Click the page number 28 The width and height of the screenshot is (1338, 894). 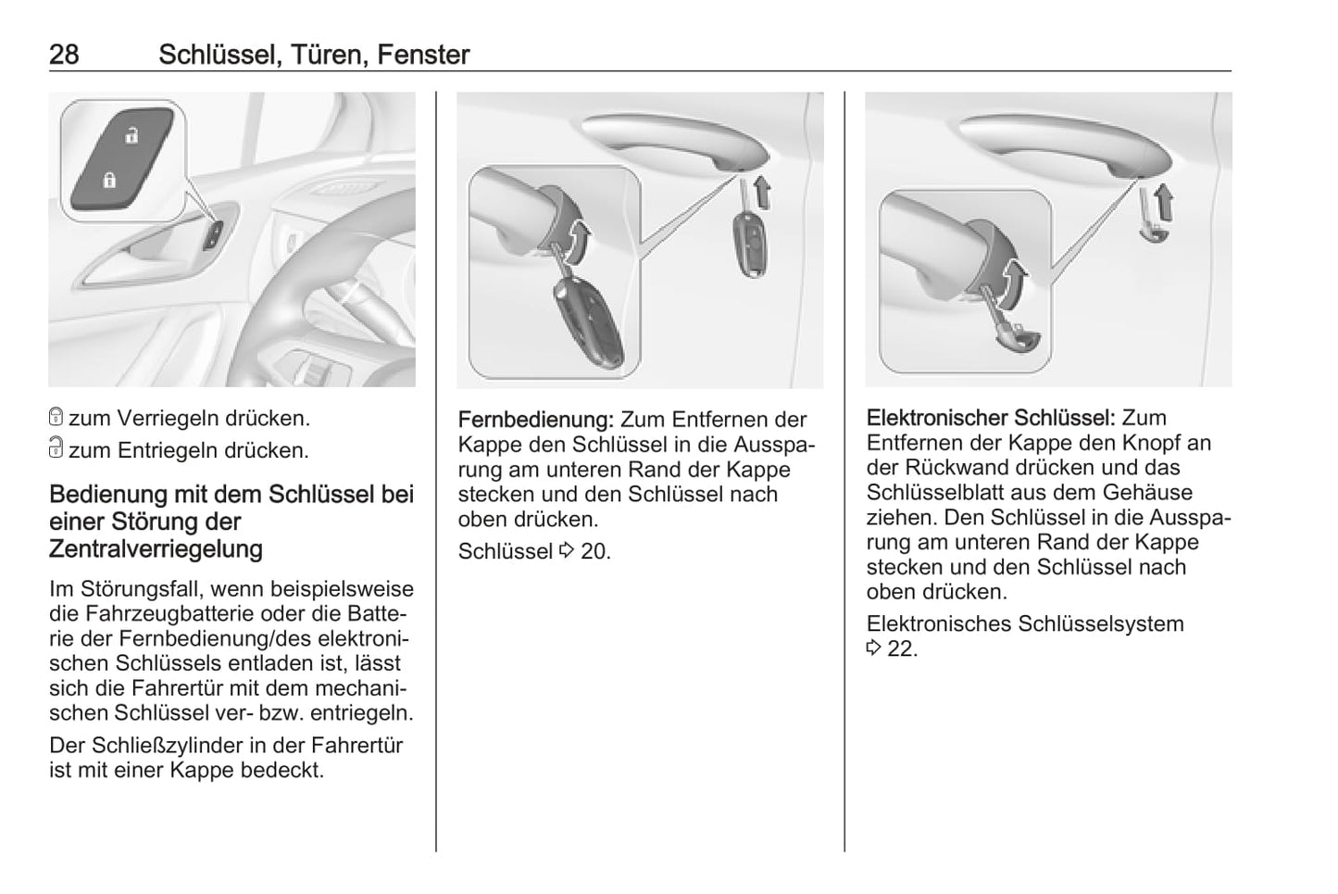tap(64, 55)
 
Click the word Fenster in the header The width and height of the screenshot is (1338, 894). tap(423, 55)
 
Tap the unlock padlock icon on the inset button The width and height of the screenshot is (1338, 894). tap(132, 135)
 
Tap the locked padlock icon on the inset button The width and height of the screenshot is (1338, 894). tap(109, 180)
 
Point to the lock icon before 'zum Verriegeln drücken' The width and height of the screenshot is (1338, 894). tap(56, 417)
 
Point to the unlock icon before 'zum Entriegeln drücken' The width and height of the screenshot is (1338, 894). tap(56, 447)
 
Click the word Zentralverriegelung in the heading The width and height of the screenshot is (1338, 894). tap(156, 548)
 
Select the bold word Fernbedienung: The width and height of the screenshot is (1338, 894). tap(536, 420)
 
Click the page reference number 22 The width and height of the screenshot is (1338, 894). tap(900, 648)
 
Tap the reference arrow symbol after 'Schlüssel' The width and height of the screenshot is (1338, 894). tap(567, 550)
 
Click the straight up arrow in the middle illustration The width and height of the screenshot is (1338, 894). tap(762, 191)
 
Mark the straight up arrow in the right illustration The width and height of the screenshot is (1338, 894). tap(1164, 203)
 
